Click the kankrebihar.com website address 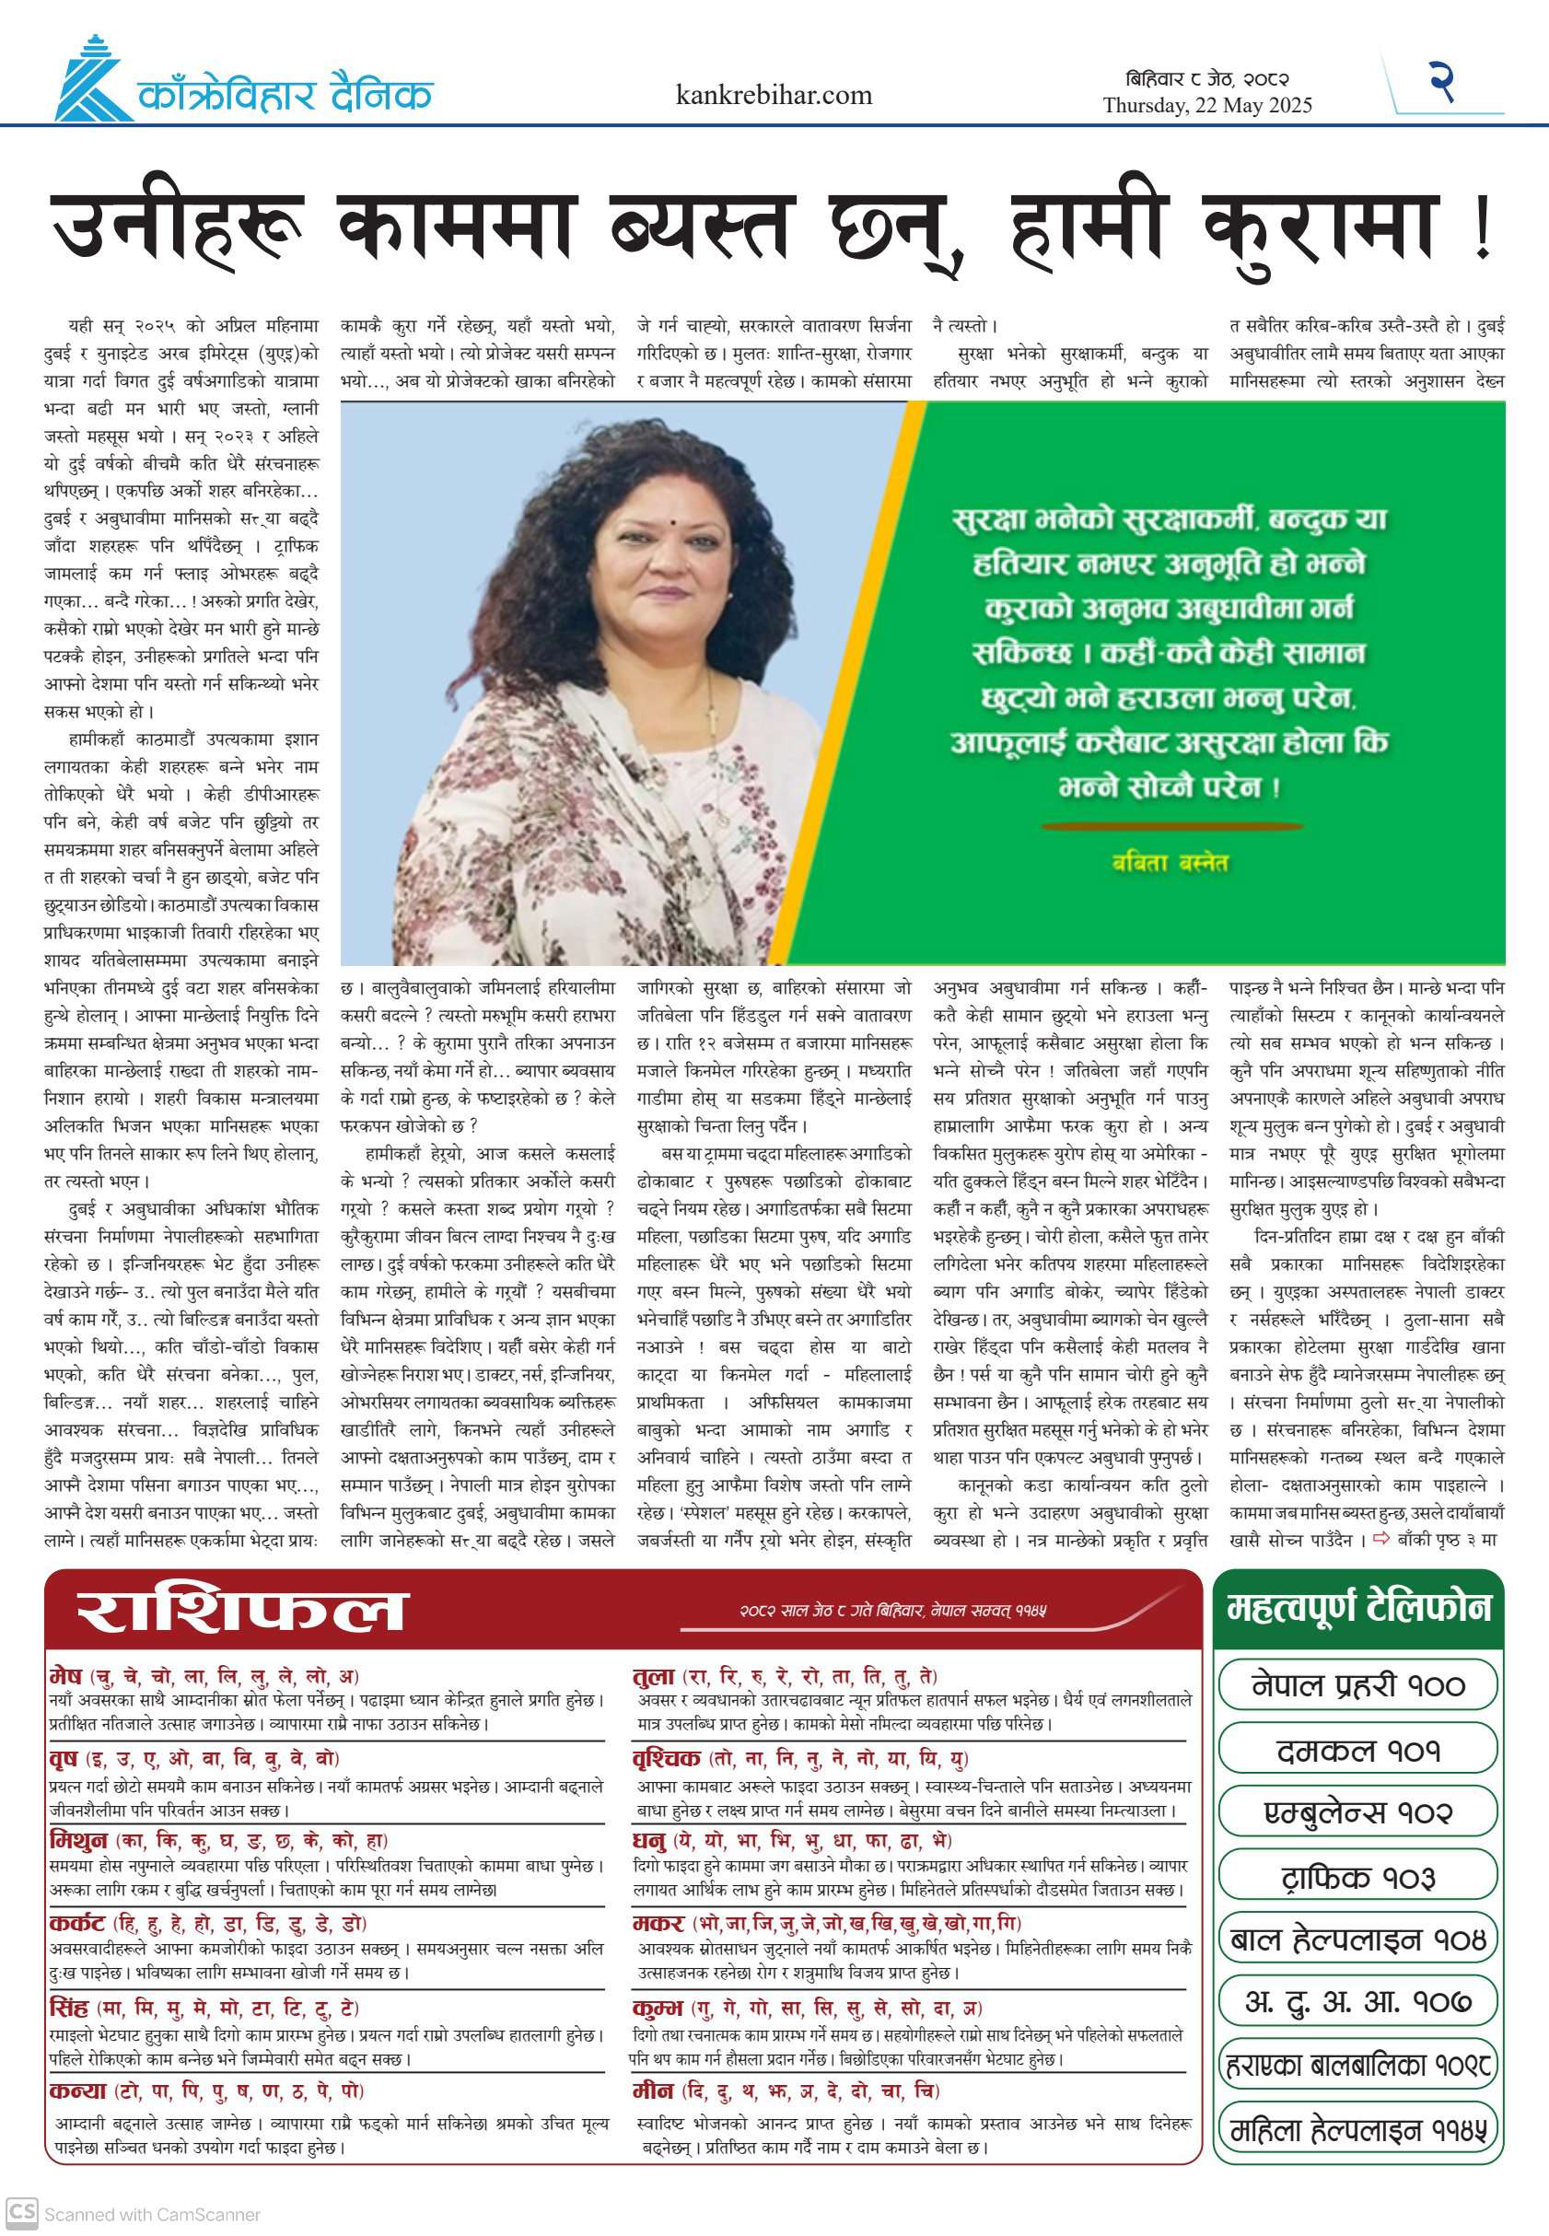(774, 95)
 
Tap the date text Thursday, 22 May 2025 (1206, 106)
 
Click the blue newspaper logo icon (91, 79)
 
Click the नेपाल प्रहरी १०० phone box (1357, 1685)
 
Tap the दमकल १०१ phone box (1357, 1750)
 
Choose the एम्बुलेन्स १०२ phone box (1357, 1813)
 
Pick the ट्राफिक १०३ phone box (1357, 1876)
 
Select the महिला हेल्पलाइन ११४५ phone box (1357, 2131)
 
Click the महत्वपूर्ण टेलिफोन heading (1357, 1608)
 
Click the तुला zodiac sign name (653, 1676)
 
